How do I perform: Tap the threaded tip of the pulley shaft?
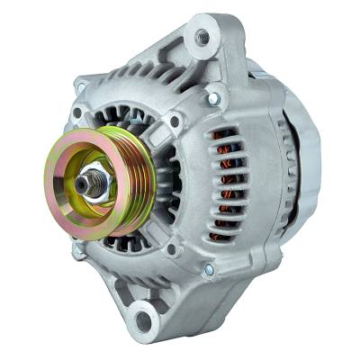pyautogui.click(x=85, y=184)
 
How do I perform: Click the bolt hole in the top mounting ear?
pyautogui.click(x=201, y=38)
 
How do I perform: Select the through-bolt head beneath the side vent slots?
pyautogui.click(x=209, y=268)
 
